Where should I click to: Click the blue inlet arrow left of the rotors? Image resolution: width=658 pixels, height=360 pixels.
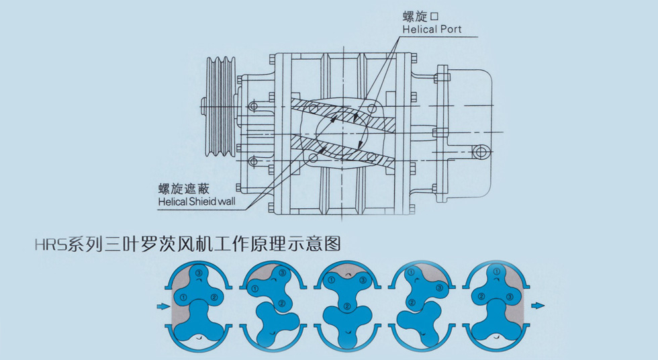coord(161,307)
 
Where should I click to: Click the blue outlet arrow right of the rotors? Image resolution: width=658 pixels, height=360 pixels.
coord(537,307)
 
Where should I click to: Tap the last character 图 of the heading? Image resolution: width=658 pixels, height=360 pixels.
coord(332,244)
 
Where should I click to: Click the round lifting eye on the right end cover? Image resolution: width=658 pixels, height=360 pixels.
coord(480,152)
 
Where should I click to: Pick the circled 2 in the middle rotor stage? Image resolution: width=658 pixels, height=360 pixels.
coord(346,306)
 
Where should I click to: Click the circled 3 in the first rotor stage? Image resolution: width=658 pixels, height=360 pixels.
coord(199,272)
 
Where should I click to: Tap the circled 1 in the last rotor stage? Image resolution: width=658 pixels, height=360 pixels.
coord(496,272)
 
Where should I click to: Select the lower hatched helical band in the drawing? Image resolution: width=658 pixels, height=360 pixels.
coord(349,154)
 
